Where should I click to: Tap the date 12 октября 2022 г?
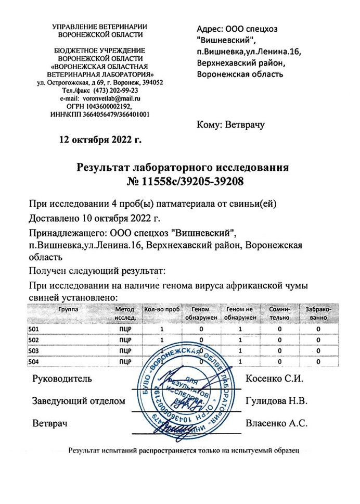coord(101,139)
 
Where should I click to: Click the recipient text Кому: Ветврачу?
coord(230,124)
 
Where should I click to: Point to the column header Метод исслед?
coord(124,313)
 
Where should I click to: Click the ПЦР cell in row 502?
coord(125,340)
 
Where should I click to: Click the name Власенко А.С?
coord(276,423)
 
